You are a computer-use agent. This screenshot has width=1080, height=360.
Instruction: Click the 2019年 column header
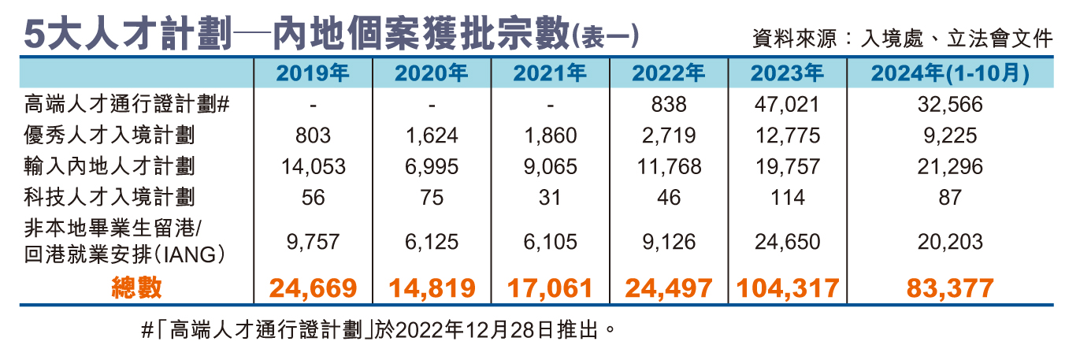coord(313,74)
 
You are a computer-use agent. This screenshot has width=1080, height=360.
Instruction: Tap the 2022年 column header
coord(668,74)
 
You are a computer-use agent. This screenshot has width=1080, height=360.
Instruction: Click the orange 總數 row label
coord(136,288)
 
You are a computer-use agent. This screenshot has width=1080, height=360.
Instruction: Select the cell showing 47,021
coord(786,104)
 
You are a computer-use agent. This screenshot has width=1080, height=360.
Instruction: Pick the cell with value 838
coord(669,104)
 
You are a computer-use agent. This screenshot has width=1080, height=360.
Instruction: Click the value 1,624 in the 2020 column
coord(431,135)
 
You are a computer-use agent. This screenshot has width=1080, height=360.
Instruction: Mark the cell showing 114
coord(787,196)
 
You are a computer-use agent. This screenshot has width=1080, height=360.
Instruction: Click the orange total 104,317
coord(787,288)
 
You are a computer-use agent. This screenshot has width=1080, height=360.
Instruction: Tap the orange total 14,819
coord(431,288)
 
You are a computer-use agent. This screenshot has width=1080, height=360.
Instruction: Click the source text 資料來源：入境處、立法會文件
coord(903,37)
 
